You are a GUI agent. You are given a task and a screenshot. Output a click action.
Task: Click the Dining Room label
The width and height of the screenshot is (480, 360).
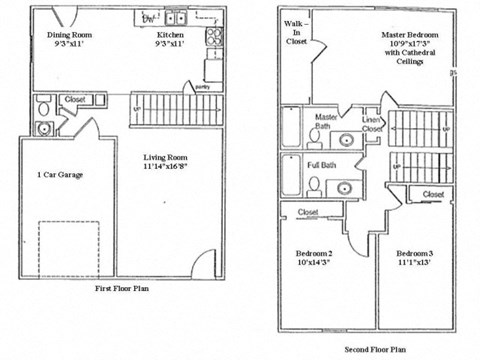(68, 32)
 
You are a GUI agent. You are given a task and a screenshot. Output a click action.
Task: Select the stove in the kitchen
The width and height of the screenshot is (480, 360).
(213, 38)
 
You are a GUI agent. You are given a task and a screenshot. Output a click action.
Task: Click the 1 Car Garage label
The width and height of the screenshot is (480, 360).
(59, 175)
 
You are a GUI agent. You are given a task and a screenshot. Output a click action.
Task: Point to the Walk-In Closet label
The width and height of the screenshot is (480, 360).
(297, 33)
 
